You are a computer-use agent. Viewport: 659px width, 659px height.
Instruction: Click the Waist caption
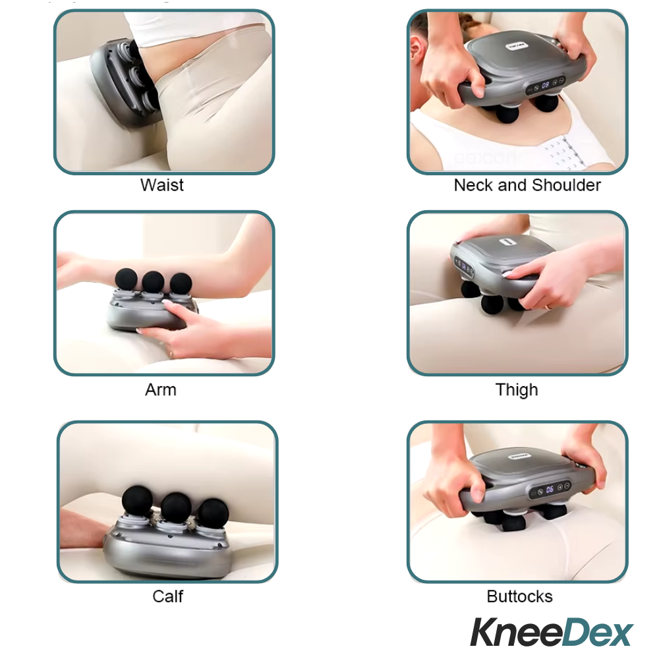(161, 185)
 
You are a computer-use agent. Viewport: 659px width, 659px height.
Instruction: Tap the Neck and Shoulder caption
(527, 185)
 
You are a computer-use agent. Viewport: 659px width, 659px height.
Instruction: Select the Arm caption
(161, 389)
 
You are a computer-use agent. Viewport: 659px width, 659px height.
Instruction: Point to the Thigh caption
(517, 389)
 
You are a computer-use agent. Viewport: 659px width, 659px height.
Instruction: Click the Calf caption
(167, 596)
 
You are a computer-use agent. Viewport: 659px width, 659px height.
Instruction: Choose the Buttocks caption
(519, 596)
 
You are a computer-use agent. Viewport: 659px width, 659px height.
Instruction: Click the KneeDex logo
(551, 633)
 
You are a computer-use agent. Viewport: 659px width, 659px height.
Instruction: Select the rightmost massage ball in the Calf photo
(213, 512)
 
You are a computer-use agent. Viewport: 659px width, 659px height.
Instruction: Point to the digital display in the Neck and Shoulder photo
(546, 84)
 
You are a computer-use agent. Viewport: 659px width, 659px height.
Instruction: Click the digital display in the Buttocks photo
(549, 490)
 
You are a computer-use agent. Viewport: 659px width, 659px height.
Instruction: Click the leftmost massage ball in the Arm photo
(126, 279)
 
